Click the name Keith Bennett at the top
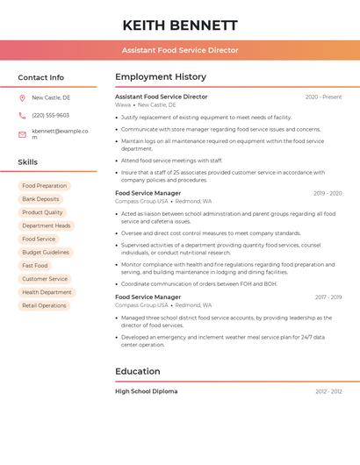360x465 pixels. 180,25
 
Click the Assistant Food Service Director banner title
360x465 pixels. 180,50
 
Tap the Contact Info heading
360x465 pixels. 40,77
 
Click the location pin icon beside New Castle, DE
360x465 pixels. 22,97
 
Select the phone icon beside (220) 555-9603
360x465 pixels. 22,115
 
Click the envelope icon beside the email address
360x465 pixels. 22,133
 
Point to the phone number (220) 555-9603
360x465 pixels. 50,115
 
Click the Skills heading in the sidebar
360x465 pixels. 28,162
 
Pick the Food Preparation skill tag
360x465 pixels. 44,186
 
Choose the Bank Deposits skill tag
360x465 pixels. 40,199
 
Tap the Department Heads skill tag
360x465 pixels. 46,225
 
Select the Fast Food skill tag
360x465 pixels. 35,265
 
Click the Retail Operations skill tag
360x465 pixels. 44,305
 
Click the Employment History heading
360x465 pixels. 161,77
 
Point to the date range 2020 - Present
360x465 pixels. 323,97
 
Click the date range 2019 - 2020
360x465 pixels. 328,193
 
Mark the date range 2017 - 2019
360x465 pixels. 328,297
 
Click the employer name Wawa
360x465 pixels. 123,104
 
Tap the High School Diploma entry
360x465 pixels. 146,391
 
